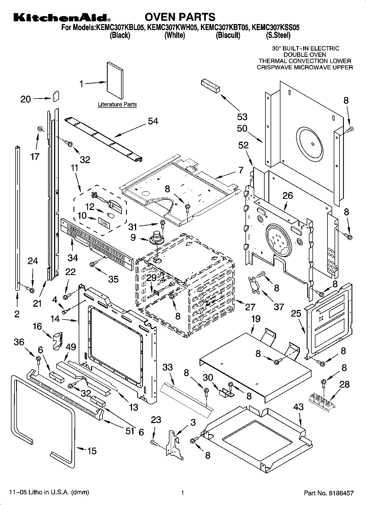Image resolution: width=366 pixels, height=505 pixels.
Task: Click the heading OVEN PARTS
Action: click(180, 17)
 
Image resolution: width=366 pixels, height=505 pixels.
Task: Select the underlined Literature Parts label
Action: click(117, 104)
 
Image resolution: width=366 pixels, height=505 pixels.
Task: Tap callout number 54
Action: click(153, 121)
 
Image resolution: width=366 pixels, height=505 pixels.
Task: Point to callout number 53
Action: click(242, 117)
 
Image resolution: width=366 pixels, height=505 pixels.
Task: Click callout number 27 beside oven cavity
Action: click(250, 307)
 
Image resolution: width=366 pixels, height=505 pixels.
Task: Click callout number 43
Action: click(298, 407)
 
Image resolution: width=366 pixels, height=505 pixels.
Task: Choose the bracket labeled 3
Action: click(174, 443)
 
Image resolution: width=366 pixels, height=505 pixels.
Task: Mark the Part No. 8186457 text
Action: click(329, 493)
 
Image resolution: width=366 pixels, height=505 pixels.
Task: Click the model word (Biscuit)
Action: click(228, 35)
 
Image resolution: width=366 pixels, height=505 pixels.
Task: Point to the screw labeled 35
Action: click(92, 264)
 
